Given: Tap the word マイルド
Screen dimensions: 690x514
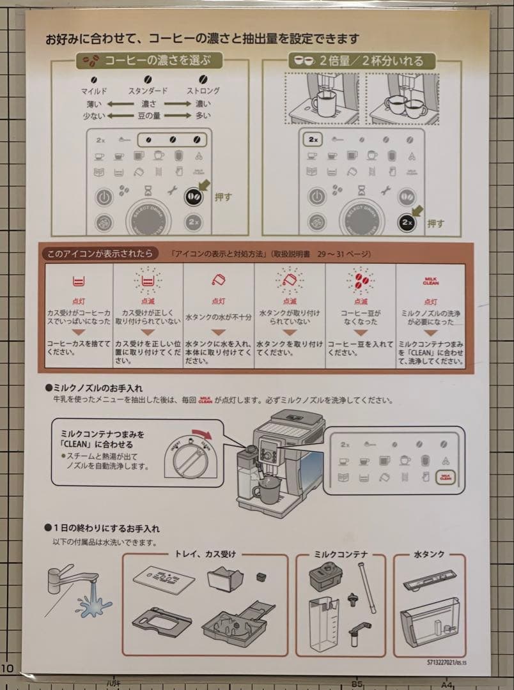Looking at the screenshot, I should pos(94,91).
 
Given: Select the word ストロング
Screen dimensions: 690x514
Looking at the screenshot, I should pos(203,91).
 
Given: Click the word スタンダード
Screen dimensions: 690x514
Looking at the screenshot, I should pos(148,91).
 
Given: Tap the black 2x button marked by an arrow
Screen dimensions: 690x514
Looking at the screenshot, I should pos(406,222).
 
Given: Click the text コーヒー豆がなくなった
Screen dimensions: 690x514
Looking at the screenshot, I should pos(361,318).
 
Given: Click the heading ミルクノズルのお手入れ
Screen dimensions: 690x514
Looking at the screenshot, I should pos(98,387).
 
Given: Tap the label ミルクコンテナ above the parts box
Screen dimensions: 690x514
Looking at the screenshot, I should pos(340,554).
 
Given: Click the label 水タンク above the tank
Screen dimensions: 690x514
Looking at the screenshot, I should pos(429,554).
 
